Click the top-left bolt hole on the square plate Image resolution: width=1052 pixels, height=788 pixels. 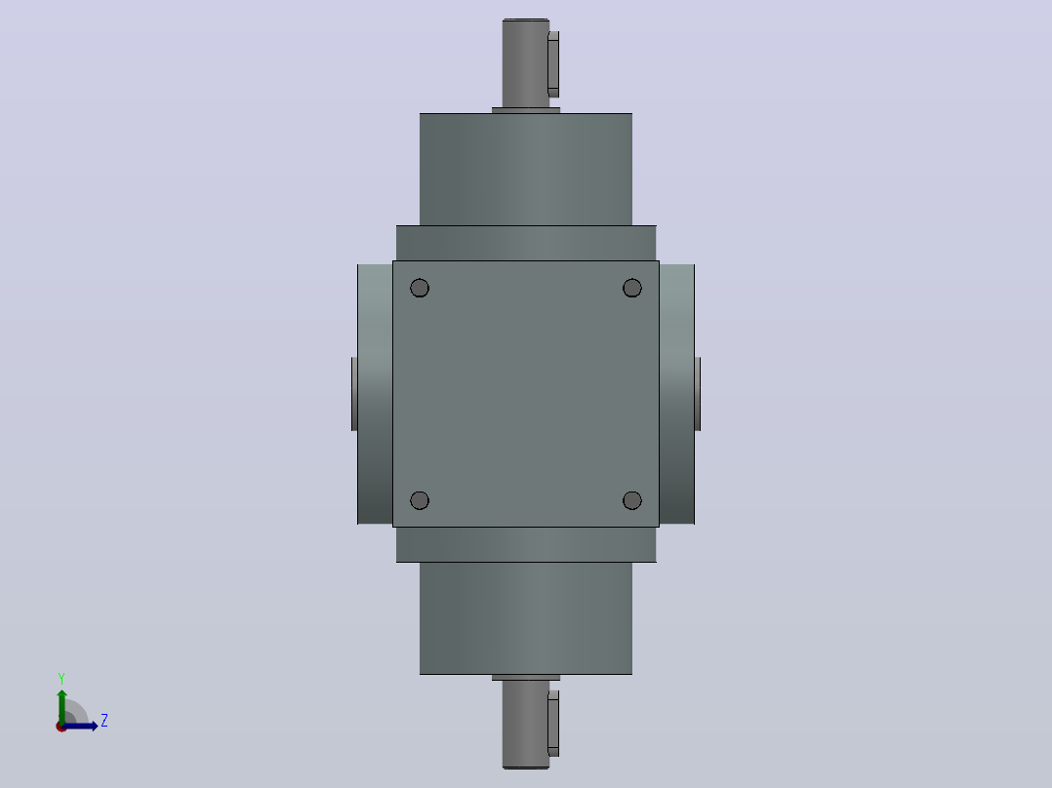(x=420, y=288)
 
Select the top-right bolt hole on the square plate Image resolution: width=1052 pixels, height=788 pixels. (x=632, y=288)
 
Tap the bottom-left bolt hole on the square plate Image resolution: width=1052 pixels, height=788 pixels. (x=420, y=500)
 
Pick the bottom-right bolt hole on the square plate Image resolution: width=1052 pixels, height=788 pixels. (x=632, y=500)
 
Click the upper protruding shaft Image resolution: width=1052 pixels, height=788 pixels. (x=525, y=63)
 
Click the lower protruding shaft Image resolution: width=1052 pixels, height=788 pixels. (x=525, y=725)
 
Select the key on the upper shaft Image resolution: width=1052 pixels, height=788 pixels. (x=553, y=64)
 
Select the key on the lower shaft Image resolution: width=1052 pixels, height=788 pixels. (x=553, y=724)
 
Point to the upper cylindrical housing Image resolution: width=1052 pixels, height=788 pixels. (x=526, y=169)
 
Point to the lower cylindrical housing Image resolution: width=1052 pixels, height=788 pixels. (x=526, y=618)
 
